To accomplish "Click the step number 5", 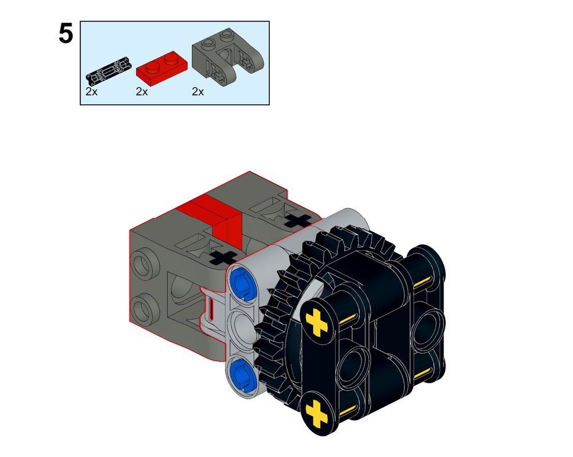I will [x=66, y=34].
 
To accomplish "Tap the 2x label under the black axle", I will [x=91, y=92].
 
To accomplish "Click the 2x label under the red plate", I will [x=142, y=92].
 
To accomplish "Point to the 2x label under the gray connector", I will [x=198, y=92].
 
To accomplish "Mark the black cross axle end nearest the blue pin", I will [x=223, y=257].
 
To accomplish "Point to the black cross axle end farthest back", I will [x=298, y=219].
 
